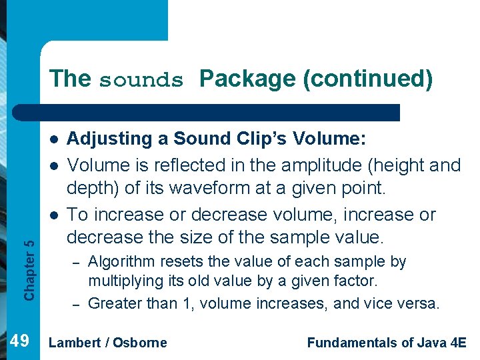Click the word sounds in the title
tap(141, 80)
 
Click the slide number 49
tap(19, 342)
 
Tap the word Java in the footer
tap(427, 343)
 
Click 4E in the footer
tap(458, 343)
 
